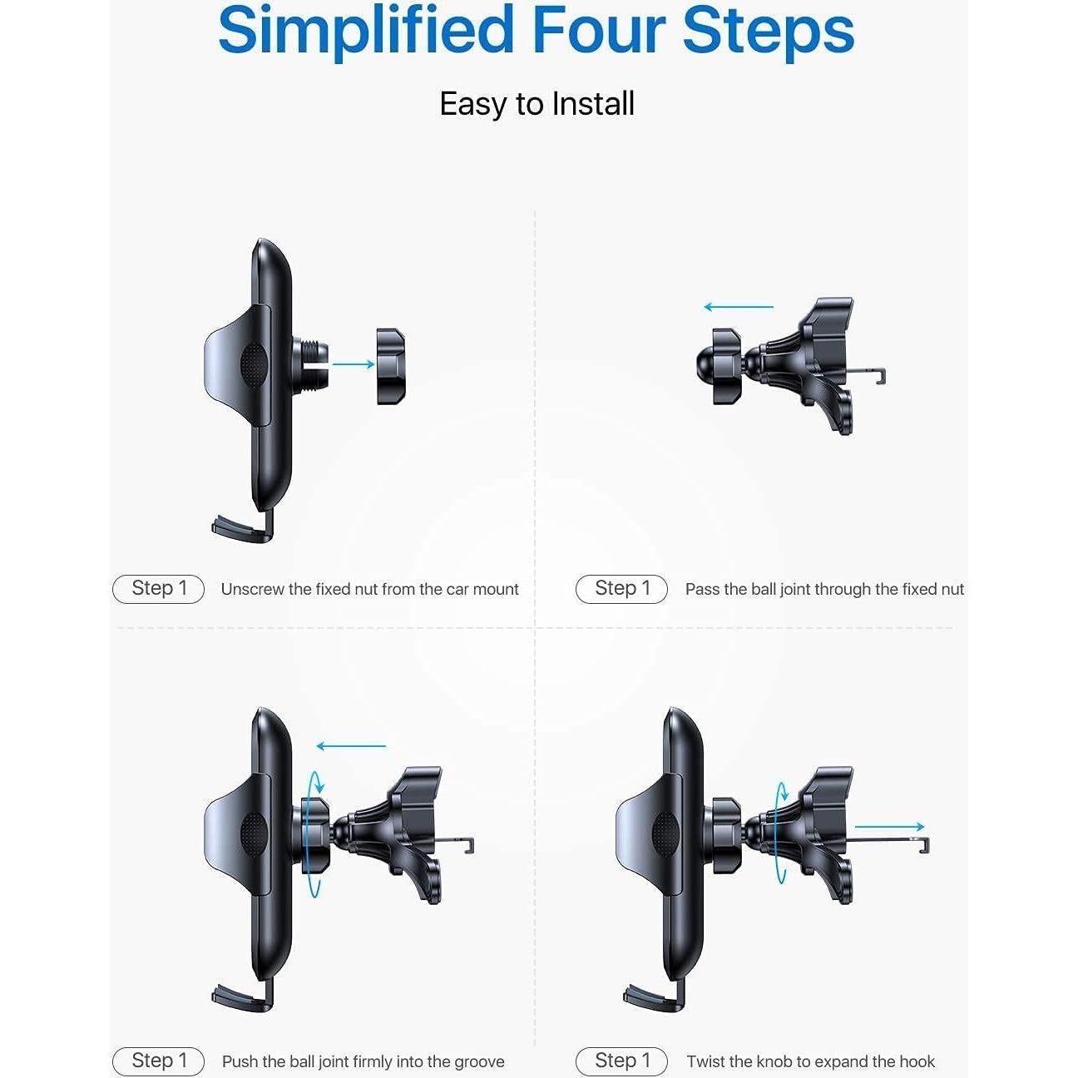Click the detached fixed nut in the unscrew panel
tap(391, 366)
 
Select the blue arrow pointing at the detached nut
tap(354, 363)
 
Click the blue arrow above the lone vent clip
tap(739, 307)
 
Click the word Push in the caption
tap(240, 1062)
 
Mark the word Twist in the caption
tap(705, 1062)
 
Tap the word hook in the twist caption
tap(917, 1062)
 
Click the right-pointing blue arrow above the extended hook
tap(890, 827)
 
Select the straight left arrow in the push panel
tap(351, 746)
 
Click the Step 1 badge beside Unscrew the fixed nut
tap(158, 589)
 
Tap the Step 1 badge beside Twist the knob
tap(621, 1061)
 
